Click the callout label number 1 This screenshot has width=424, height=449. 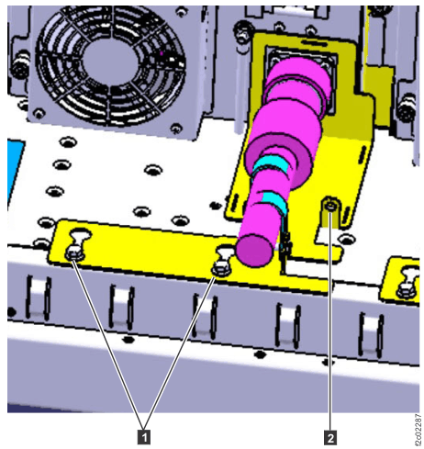point(143,425)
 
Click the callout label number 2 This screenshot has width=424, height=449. point(329,425)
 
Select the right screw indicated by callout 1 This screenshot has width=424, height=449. point(219,266)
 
